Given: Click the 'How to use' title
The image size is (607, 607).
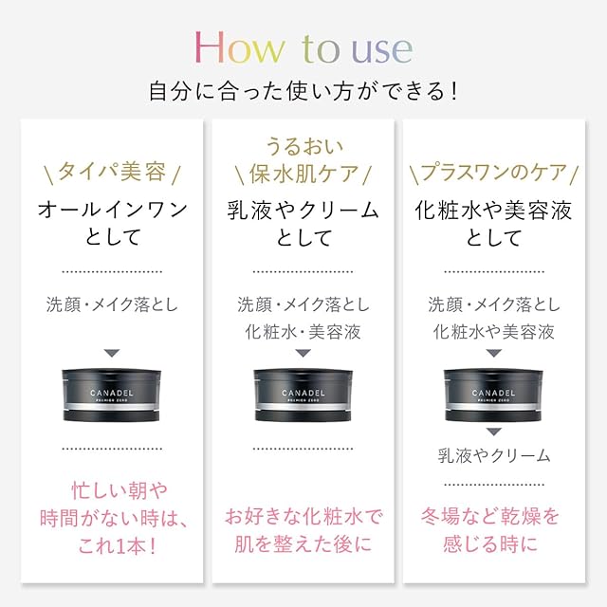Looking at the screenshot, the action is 303,48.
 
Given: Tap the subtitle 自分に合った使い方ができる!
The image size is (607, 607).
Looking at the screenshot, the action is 303,91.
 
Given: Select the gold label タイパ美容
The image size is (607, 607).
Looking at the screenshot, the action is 112,171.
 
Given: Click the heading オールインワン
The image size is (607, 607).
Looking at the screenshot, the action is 112,211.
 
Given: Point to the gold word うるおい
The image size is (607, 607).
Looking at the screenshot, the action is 304,146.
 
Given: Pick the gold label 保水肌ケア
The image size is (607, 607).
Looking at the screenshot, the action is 303,173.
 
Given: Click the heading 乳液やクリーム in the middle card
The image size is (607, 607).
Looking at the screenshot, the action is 303,211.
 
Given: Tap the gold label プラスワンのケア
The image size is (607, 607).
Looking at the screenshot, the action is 493,172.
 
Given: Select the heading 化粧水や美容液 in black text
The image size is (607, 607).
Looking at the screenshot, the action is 493,211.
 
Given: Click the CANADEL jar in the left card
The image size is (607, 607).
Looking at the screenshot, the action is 112,395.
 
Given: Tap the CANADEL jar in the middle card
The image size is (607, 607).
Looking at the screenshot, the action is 303,395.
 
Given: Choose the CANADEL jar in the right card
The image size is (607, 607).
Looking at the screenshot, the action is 493,395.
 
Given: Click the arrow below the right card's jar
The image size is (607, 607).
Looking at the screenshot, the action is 493,432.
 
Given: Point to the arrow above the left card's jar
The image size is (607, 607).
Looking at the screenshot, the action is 112,353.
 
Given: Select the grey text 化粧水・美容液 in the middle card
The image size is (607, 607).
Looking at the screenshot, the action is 303,332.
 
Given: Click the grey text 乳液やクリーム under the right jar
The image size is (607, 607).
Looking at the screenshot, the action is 494,455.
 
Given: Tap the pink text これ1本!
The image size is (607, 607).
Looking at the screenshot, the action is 117,546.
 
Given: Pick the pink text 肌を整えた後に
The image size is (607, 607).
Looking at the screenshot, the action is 303,543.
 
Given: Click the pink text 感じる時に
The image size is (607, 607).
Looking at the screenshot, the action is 490,543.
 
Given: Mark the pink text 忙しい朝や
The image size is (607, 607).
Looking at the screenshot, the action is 120,490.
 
